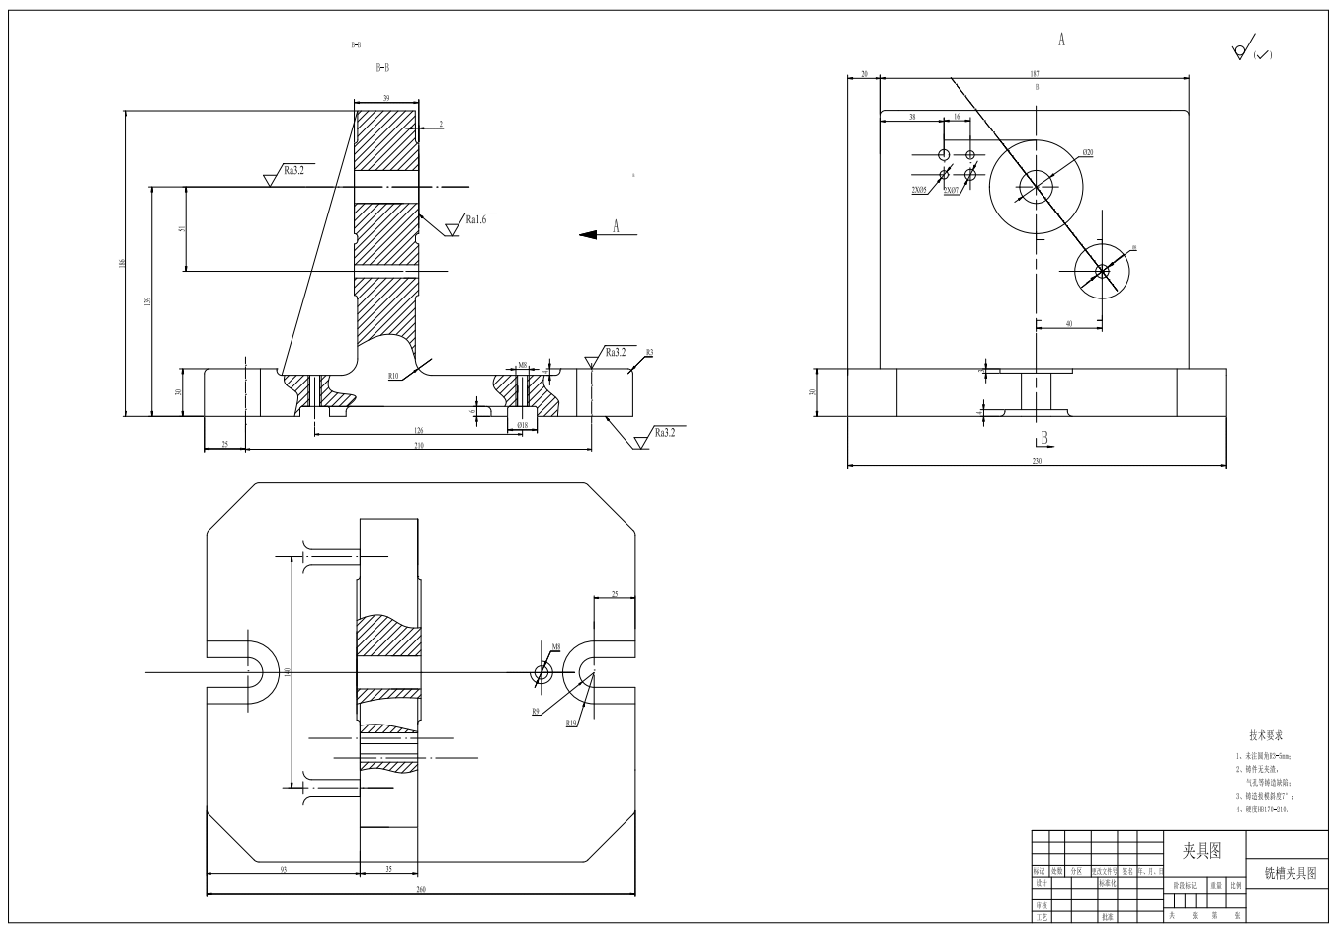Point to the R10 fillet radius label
point(393,377)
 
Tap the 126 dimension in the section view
point(418,430)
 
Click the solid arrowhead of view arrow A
point(589,234)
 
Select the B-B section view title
point(382,68)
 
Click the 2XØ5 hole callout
point(918,188)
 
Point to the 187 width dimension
point(1035,74)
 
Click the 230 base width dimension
point(1037,460)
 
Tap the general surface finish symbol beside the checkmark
point(1239,51)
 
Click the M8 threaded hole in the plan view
point(542,673)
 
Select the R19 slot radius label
point(571,724)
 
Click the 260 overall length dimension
point(420,890)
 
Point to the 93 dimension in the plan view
point(283,870)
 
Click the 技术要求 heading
point(1266,736)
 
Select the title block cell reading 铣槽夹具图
point(1290,873)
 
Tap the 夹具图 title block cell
point(1202,850)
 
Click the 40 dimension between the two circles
point(1069,323)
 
